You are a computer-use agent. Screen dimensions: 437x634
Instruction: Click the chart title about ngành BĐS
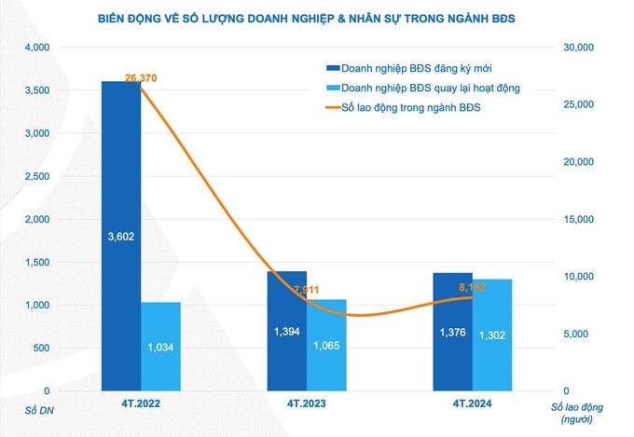(x=318, y=18)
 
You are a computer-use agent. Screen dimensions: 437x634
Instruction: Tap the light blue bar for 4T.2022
(x=160, y=345)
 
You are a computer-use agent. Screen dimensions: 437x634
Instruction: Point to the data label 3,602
(x=121, y=237)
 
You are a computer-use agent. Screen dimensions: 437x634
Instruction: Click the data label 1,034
(x=160, y=347)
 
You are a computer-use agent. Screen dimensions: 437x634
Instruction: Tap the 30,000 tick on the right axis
(x=580, y=47)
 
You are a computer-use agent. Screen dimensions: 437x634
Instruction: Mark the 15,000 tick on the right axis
(x=580, y=219)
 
